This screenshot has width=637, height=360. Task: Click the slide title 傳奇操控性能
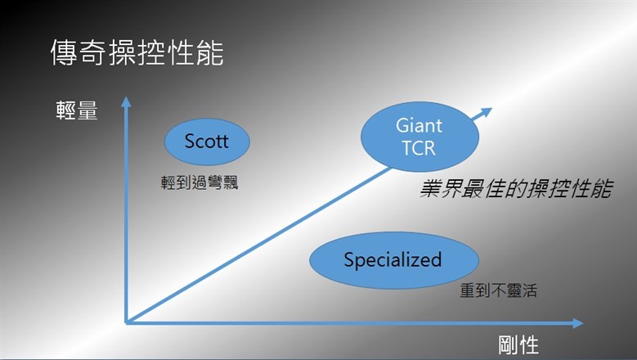coord(137,53)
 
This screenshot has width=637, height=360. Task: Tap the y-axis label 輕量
coord(77,110)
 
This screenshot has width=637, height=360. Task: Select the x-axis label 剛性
coord(518,345)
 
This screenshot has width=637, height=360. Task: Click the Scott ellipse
coord(207,142)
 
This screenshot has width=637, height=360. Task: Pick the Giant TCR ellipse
coord(419,137)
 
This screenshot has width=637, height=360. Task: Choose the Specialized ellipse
coord(394,260)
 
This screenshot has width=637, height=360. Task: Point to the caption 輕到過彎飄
coord(199,182)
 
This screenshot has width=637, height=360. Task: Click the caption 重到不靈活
coord(499,290)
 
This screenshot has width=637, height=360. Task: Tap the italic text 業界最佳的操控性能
coord(515,189)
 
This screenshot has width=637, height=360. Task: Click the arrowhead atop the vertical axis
coord(126,101)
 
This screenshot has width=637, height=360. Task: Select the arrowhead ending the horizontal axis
coord(577,323)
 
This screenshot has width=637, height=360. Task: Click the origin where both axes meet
coord(127,323)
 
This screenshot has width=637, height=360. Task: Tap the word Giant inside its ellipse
coord(419,125)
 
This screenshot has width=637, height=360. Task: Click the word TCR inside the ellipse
coord(419,148)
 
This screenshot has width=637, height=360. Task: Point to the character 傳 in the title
coord(64,53)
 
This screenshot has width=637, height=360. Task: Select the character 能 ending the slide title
coord(210,53)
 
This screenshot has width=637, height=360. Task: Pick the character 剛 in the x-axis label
coord(509,345)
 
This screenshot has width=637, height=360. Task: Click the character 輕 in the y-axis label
coord(65,110)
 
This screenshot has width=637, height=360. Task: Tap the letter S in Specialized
coord(348,259)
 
